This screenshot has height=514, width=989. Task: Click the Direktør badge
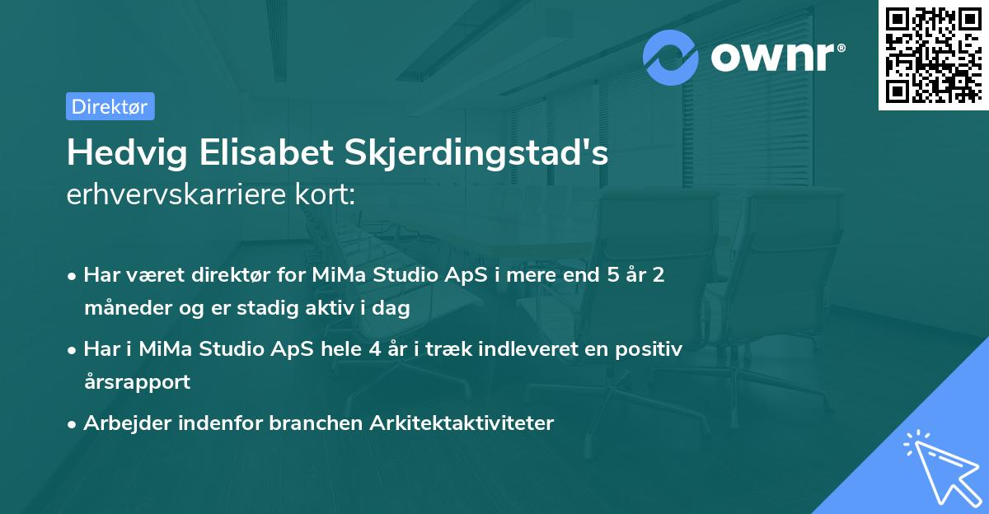[110, 106]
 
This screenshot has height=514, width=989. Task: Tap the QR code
[933, 54]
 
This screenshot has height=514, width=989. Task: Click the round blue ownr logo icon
[671, 57]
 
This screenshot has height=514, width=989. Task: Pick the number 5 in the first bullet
[612, 275]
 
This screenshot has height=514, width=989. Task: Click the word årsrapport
[137, 382]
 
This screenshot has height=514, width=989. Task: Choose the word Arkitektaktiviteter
[462, 423]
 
